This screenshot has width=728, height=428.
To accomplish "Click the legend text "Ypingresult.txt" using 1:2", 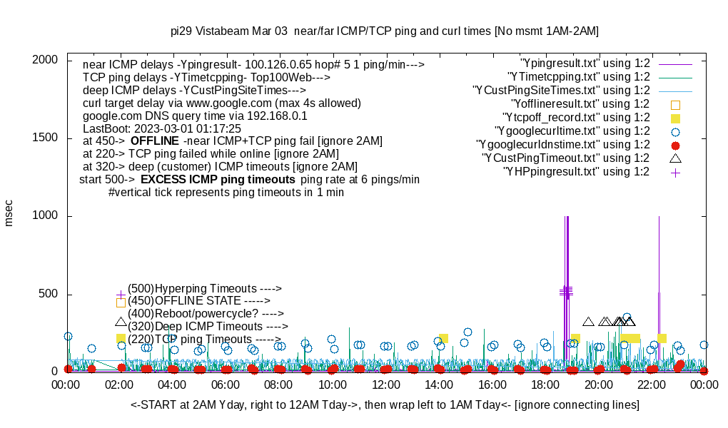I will tap(585, 63).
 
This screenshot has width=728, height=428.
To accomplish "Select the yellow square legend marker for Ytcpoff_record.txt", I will tap(675, 118).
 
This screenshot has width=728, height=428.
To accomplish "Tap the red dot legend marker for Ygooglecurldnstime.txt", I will tap(675, 145).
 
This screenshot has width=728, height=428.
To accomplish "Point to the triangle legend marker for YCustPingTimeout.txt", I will tap(675, 158).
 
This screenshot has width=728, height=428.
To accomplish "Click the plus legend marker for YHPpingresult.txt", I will tap(675, 172).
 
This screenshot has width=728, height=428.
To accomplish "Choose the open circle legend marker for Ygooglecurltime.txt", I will tap(675, 131).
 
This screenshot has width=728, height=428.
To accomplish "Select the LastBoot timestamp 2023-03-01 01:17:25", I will tap(186, 128).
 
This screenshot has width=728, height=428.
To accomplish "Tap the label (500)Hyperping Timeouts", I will tap(205, 288).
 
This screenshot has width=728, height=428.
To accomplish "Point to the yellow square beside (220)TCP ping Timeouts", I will tap(121, 339).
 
